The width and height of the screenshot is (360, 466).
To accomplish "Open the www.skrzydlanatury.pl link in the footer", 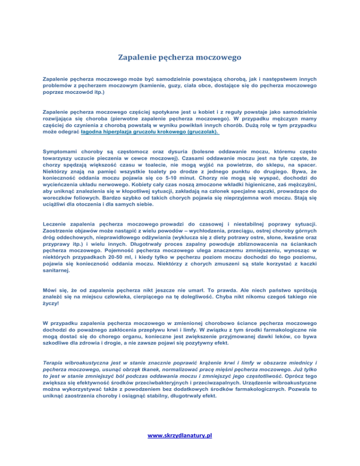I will (x=180, y=435).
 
